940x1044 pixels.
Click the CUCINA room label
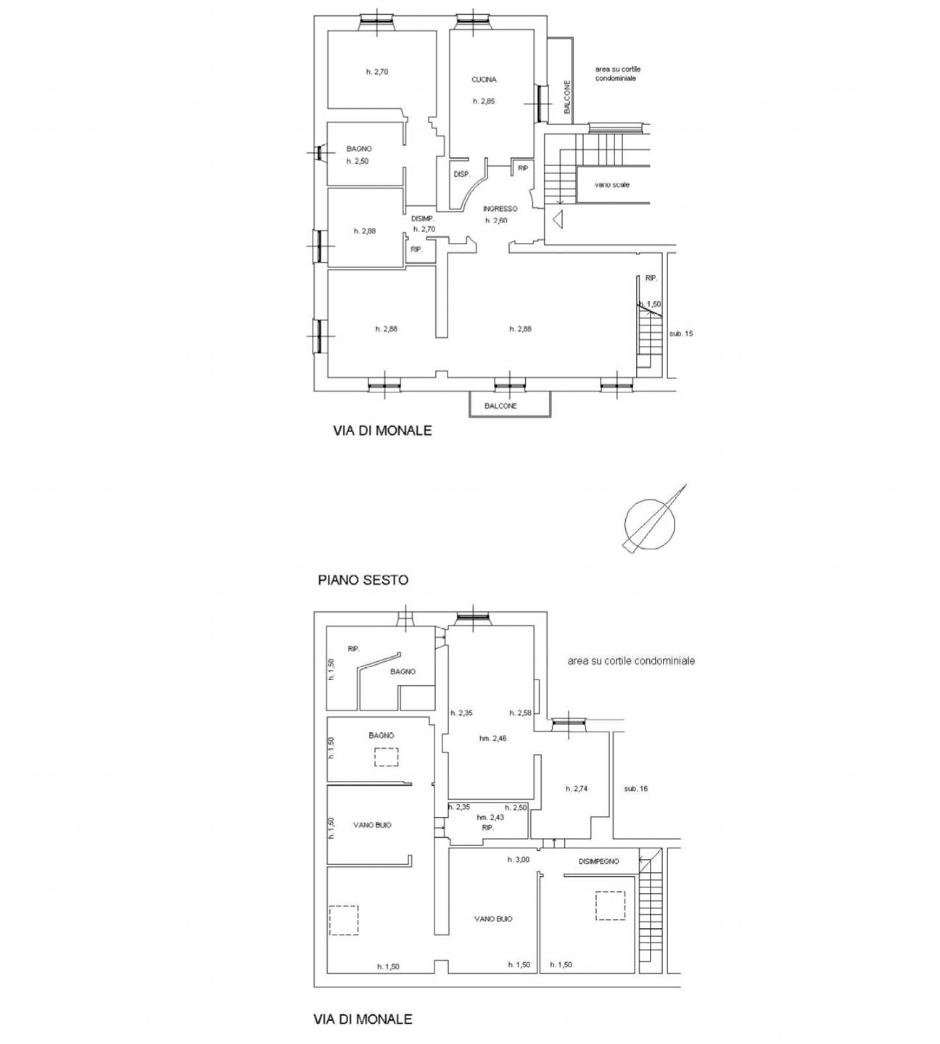click(484, 80)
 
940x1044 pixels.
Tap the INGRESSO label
click(500, 209)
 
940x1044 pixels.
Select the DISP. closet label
click(462, 174)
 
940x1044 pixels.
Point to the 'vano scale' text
click(612, 185)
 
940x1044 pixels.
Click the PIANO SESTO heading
click(363, 580)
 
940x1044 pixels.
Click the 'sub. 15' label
click(681, 333)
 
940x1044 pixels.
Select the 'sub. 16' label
click(636, 789)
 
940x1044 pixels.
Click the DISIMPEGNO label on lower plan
click(598, 861)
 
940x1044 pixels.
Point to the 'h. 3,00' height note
click(519, 859)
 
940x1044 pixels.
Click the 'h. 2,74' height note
click(577, 789)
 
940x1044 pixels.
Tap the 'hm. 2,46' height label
click(492, 738)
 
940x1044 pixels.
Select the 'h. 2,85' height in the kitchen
click(484, 101)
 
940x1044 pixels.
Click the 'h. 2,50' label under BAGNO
click(358, 162)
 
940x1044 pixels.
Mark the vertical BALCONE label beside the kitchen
click(567, 97)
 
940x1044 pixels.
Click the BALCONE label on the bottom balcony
click(500, 406)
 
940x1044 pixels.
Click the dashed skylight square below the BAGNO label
click(386, 757)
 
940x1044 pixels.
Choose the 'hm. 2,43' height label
click(490, 817)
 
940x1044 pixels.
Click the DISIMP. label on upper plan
click(423, 219)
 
